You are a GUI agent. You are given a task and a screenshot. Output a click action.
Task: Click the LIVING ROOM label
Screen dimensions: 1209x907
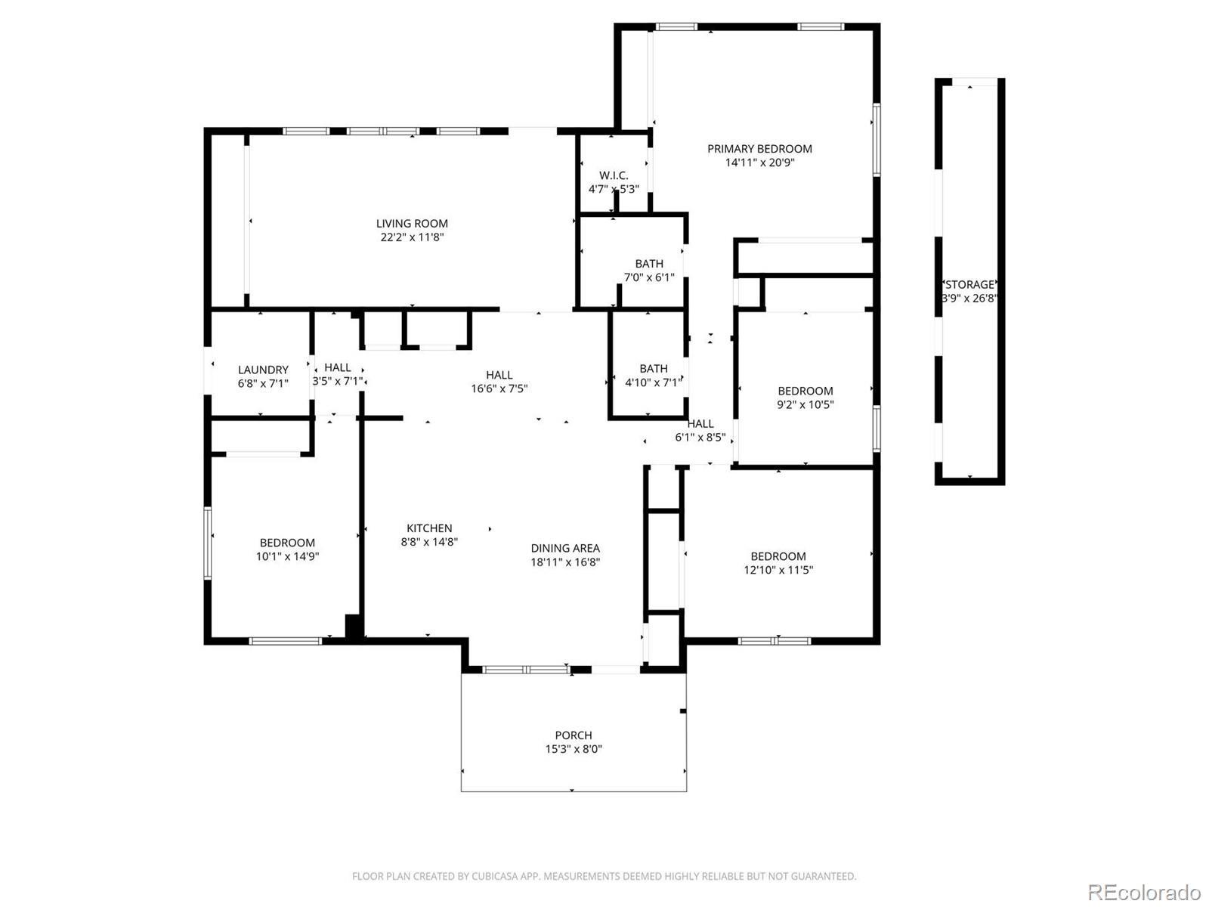tap(412, 224)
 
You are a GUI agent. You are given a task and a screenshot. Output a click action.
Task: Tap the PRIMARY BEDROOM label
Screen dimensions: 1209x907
tap(759, 149)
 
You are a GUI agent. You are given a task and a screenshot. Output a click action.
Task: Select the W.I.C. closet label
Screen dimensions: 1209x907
tap(614, 175)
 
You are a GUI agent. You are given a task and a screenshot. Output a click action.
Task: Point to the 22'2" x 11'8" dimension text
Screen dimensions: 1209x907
tap(412, 237)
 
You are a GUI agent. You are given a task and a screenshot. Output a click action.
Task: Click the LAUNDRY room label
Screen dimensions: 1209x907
tap(263, 370)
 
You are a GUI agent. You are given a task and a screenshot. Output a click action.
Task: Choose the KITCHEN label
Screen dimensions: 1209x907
tap(429, 528)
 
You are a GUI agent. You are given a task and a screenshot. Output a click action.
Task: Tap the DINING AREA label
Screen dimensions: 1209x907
tap(565, 549)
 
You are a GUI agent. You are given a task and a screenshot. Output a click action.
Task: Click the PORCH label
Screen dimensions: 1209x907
tap(574, 735)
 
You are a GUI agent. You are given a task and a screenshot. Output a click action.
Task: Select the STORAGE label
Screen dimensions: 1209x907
tap(969, 285)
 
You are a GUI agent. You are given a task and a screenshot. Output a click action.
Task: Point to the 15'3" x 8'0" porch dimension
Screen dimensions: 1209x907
tap(574, 749)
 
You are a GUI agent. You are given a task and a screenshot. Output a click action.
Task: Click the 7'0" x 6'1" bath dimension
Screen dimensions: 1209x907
tap(649, 277)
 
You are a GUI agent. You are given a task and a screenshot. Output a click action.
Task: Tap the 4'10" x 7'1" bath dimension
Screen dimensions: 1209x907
tap(654, 382)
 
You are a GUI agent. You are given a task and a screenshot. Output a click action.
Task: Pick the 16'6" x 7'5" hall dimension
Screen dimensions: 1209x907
tap(499, 388)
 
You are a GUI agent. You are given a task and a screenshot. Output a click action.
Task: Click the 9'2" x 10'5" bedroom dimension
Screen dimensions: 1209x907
tap(805, 405)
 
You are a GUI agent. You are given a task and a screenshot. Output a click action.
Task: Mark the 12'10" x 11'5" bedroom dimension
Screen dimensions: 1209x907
tap(778, 570)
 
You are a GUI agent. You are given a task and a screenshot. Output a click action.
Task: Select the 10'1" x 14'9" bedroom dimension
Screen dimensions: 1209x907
tap(287, 556)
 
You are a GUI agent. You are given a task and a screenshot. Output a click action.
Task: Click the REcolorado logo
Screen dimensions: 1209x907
tap(1145, 892)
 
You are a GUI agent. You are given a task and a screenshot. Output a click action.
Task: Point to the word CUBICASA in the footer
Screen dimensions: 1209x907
tap(493, 876)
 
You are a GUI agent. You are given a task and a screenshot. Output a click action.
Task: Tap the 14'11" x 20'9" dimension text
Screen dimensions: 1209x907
tap(759, 163)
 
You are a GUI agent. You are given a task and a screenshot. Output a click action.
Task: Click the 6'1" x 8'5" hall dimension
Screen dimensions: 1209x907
tap(700, 438)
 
